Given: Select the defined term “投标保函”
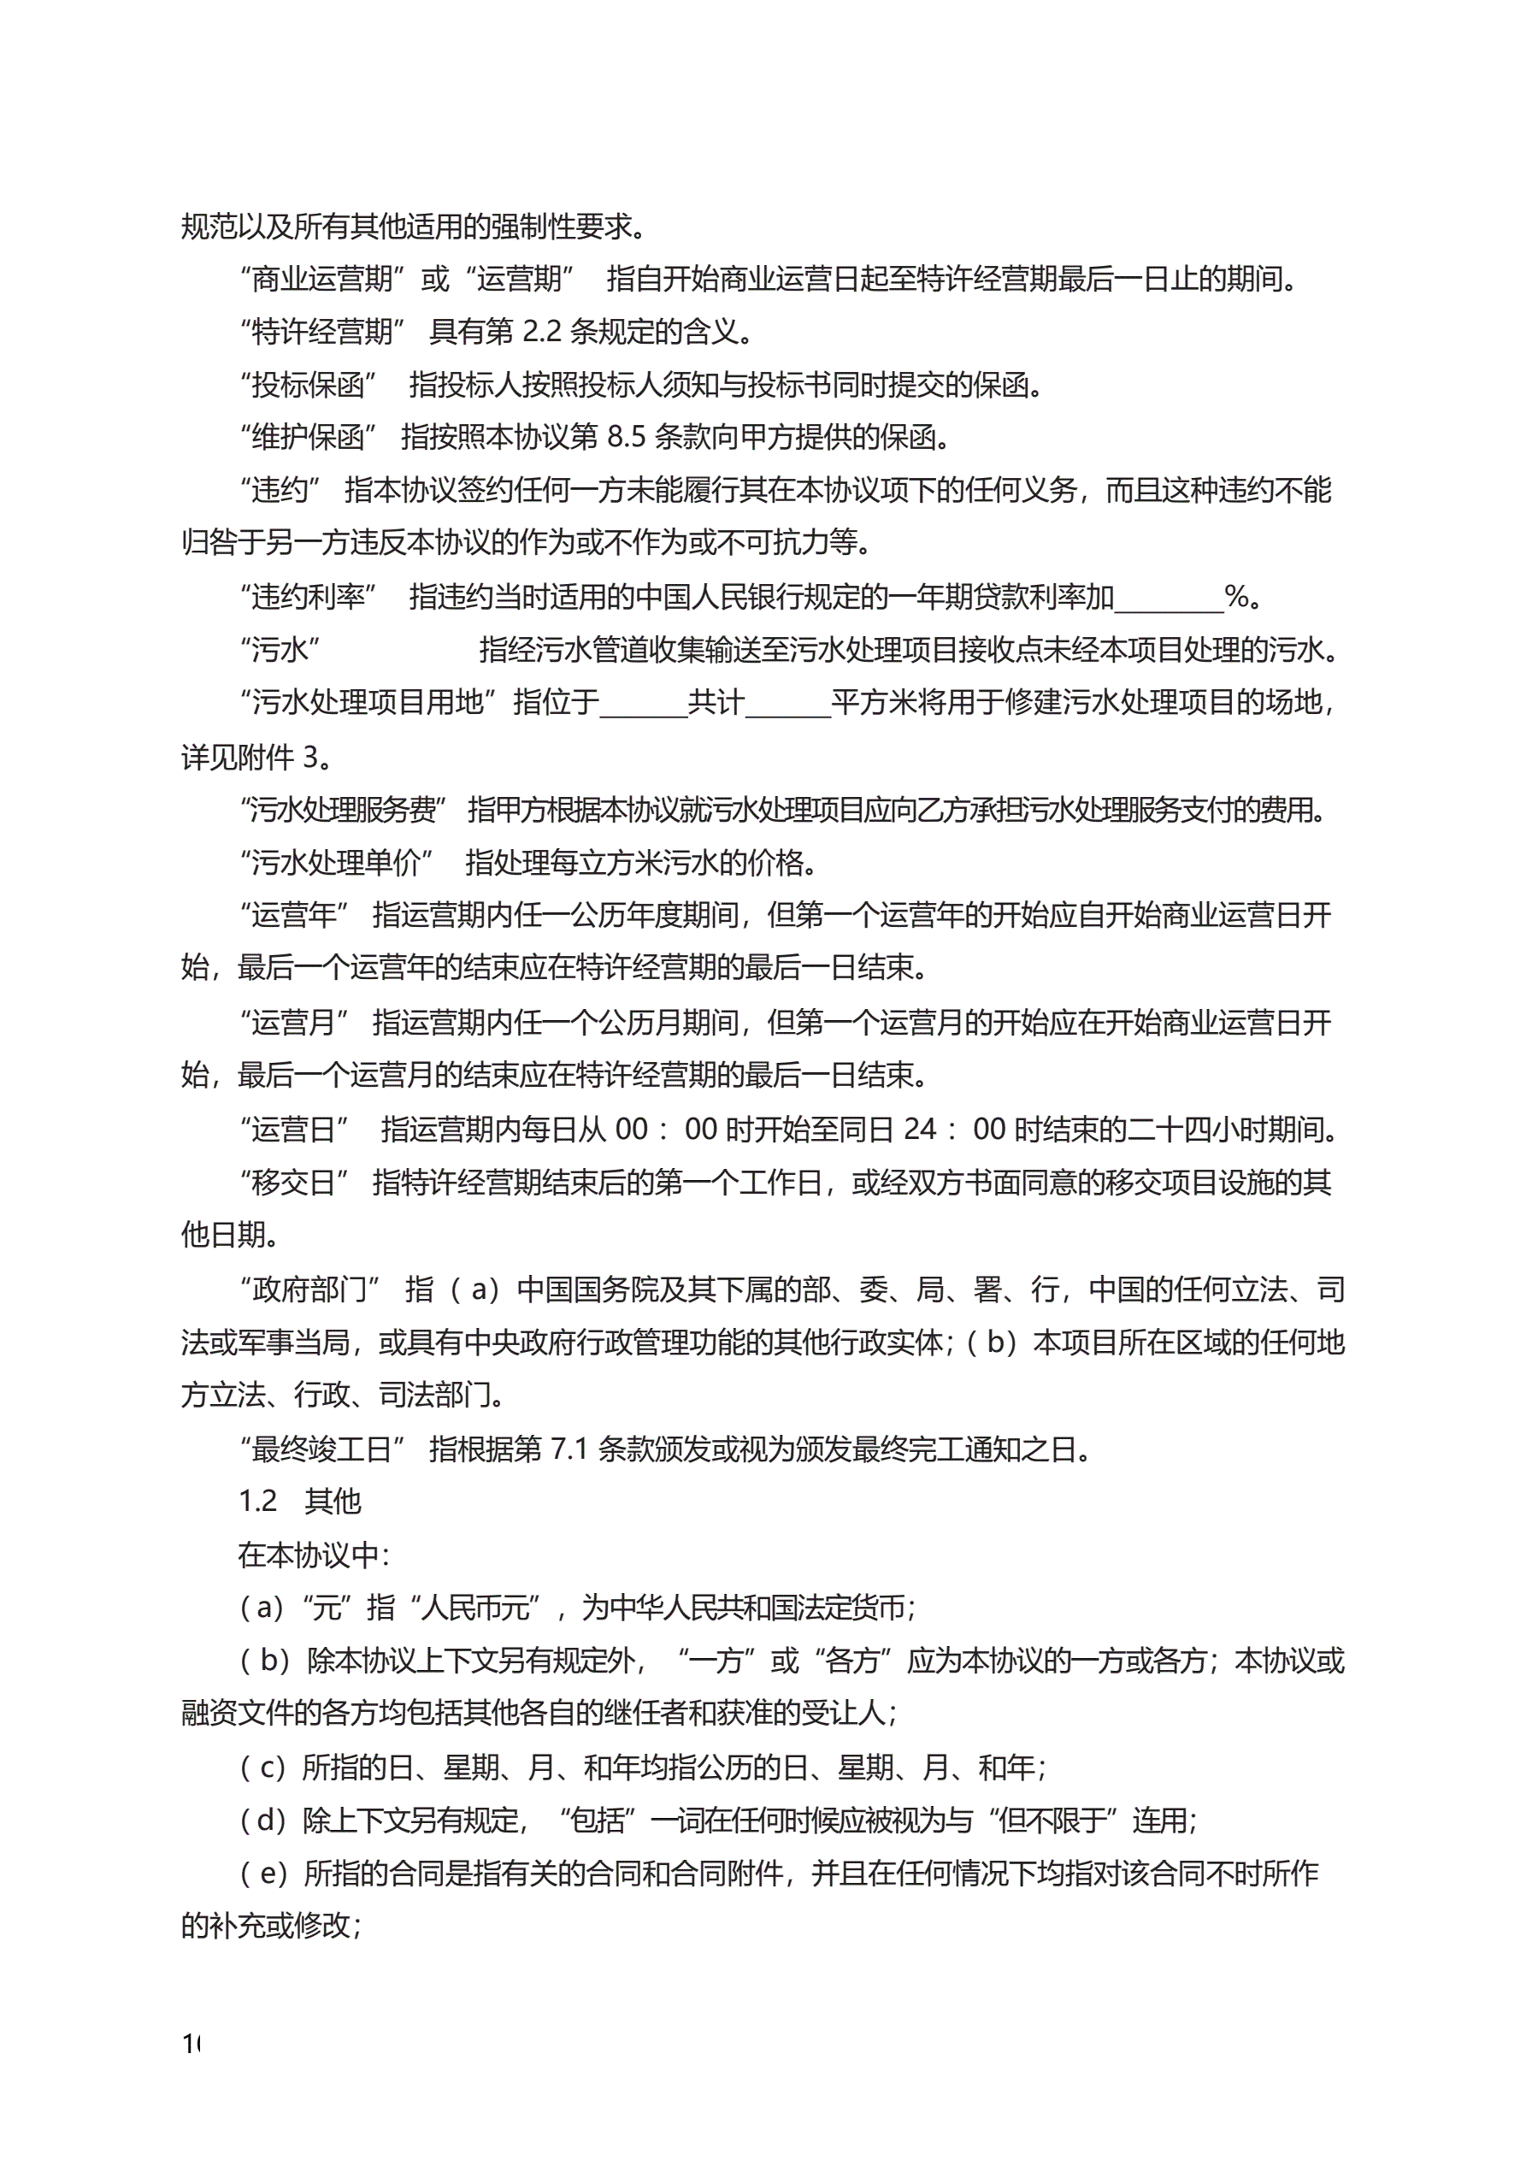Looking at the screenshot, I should pos(308,385).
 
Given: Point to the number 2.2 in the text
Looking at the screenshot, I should pos(541,332).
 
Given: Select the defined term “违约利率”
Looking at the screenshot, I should pos(308,597).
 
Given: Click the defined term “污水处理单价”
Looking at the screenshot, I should pos(336,862).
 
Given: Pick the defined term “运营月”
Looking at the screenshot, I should pos(293,1023).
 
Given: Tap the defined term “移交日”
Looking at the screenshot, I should pos(293,1183).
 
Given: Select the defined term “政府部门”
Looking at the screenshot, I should pos(309,1290).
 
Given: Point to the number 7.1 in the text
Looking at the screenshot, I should pos(569,1449).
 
